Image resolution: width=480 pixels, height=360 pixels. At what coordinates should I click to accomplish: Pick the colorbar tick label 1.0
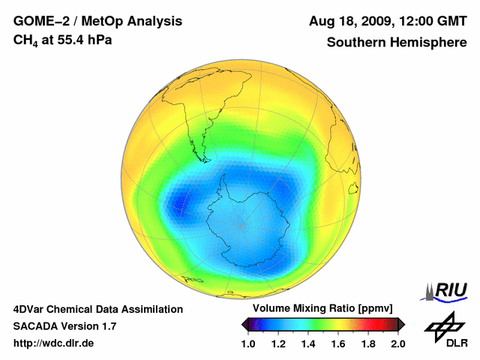[248, 343]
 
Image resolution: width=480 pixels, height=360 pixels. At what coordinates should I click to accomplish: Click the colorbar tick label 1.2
[278, 343]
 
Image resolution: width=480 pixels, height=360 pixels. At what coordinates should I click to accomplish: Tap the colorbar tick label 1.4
[308, 343]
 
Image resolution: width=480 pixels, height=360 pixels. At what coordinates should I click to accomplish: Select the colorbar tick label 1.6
[338, 343]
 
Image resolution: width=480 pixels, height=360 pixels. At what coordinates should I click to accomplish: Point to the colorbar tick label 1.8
[368, 343]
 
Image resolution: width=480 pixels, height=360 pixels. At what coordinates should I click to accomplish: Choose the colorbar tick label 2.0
[398, 343]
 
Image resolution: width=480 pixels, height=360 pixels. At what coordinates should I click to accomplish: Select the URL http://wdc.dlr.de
[54, 343]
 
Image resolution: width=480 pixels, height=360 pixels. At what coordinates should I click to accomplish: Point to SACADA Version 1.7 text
[64, 326]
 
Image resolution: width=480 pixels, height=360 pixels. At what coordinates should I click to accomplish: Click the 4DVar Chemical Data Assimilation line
[97, 309]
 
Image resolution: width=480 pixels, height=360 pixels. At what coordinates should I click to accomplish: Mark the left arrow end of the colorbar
[245, 324]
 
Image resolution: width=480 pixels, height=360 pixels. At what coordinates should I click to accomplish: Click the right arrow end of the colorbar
[401, 324]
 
